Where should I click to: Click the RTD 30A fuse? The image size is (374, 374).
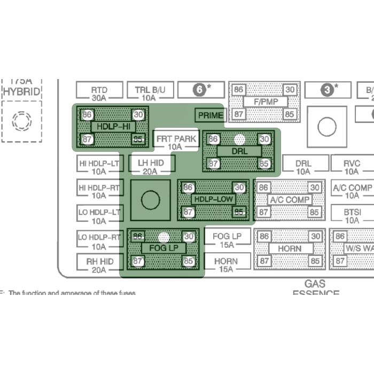click(99, 94)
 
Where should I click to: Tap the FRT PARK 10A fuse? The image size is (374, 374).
click(175, 142)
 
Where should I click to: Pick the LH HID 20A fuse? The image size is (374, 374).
click(150, 167)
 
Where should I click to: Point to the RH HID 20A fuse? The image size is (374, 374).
click(99, 265)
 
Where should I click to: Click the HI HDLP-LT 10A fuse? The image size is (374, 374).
click(99, 167)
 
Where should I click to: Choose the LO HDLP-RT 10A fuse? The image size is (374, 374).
click(99, 241)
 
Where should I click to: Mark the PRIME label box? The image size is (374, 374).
click(210, 115)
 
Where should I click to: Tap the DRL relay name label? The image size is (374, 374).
click(239, 151)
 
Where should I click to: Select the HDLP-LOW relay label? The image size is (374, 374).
click(213, 199)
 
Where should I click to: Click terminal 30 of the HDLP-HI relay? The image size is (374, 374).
click(138, 114)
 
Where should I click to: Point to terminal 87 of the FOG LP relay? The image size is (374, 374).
click(138, 261)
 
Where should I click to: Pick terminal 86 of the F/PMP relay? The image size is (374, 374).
click(239, 90)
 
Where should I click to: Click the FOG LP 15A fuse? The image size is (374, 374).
click(227, 240)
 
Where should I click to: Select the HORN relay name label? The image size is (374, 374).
click(289, 248)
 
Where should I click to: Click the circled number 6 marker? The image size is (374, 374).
click(200, 90)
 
